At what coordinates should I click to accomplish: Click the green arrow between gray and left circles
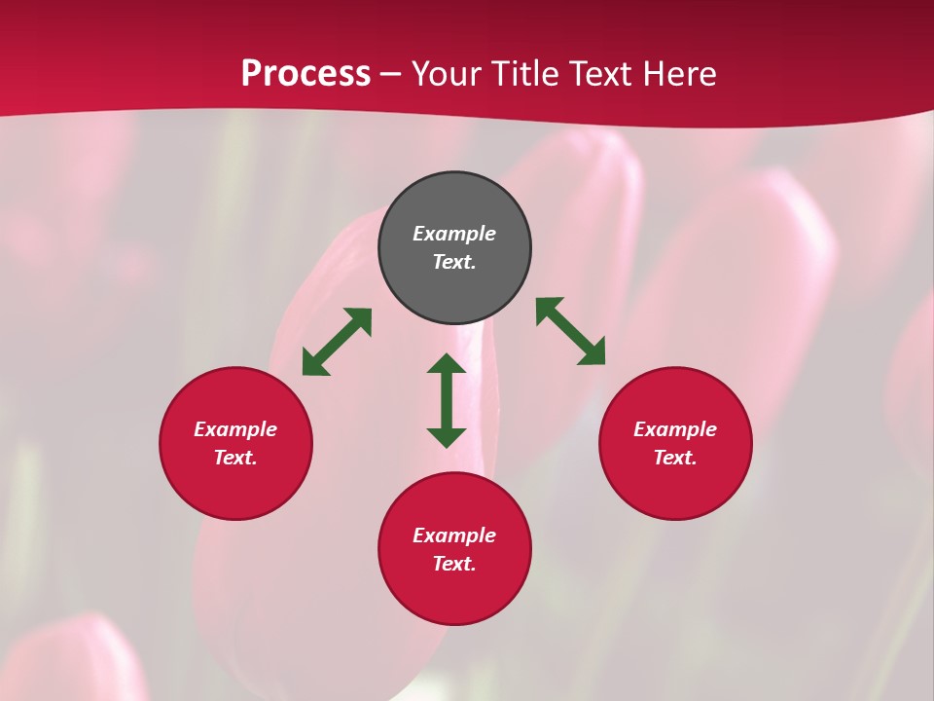337,342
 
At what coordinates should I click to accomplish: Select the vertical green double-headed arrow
447,400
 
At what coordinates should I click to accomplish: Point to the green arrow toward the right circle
571,332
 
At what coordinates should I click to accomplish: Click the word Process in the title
305,73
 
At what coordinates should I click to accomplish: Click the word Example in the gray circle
454,234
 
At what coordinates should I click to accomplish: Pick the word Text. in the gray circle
454,262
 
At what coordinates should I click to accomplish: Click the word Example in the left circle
235,429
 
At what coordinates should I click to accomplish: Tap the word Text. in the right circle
675,458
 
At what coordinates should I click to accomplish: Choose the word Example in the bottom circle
454,535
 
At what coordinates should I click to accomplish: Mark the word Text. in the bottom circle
454,564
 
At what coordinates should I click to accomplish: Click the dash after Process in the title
391,75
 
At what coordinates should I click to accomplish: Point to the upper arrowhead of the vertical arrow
447,364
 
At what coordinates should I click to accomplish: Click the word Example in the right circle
675,429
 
